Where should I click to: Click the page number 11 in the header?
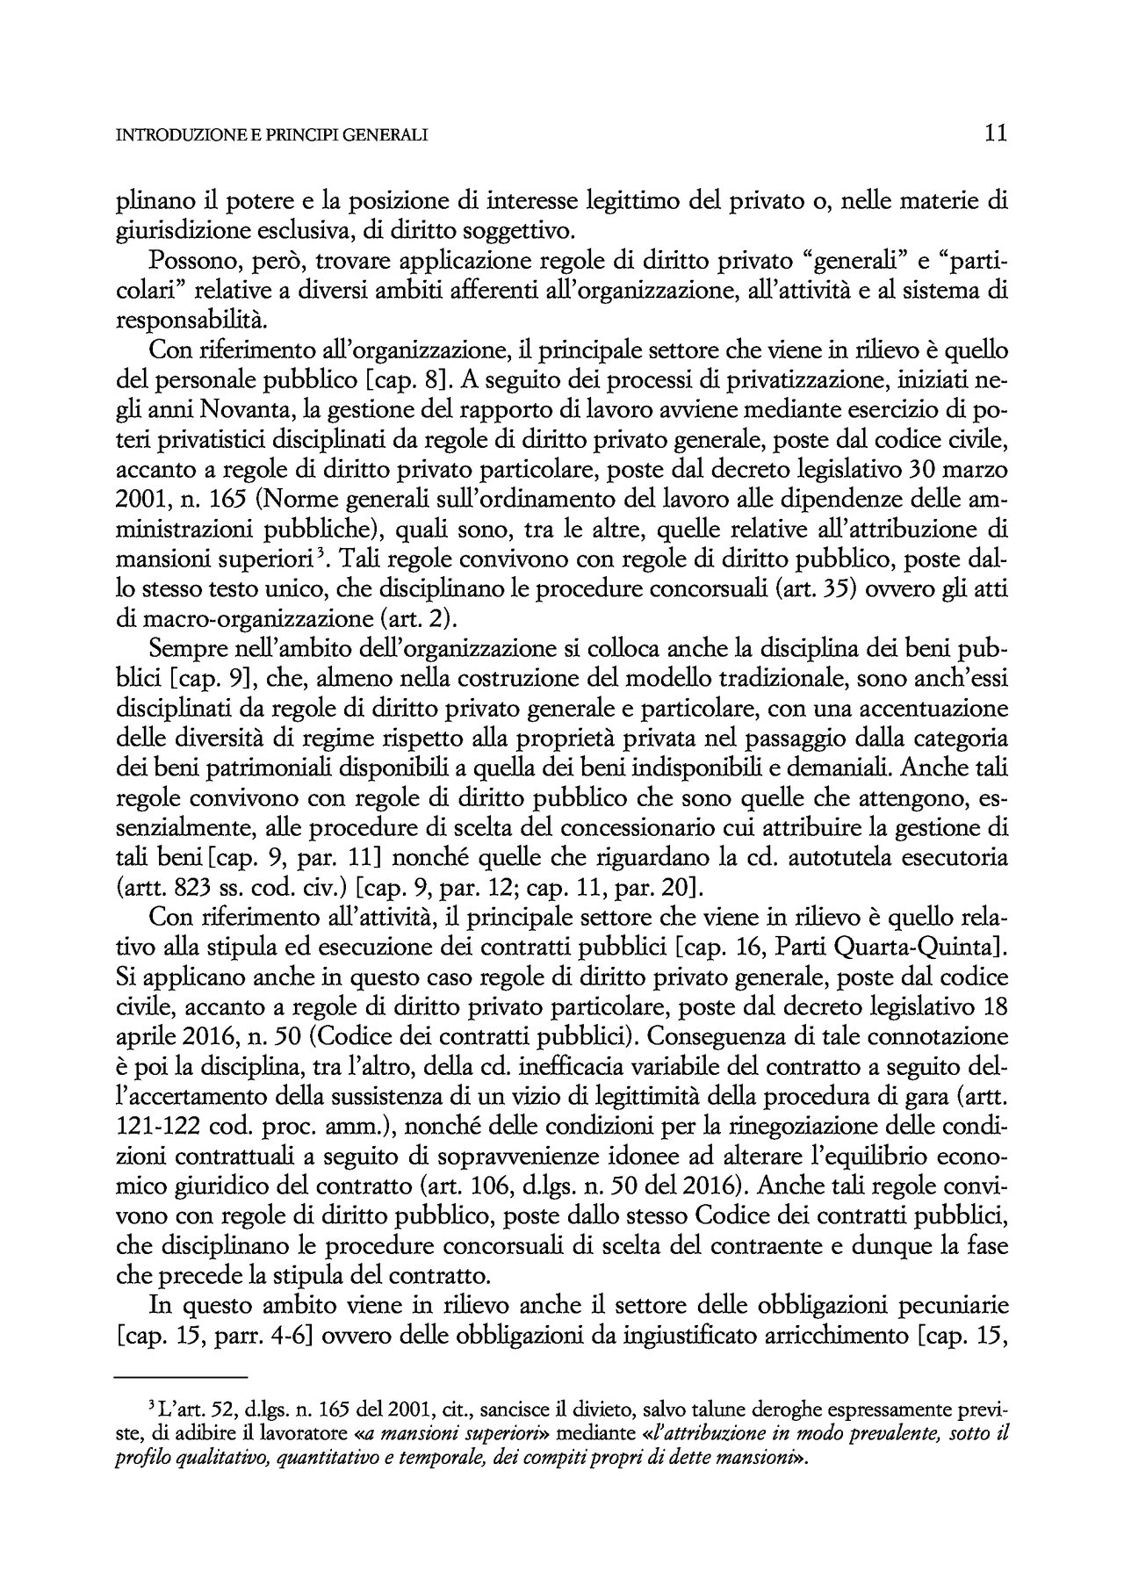[994, 133]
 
